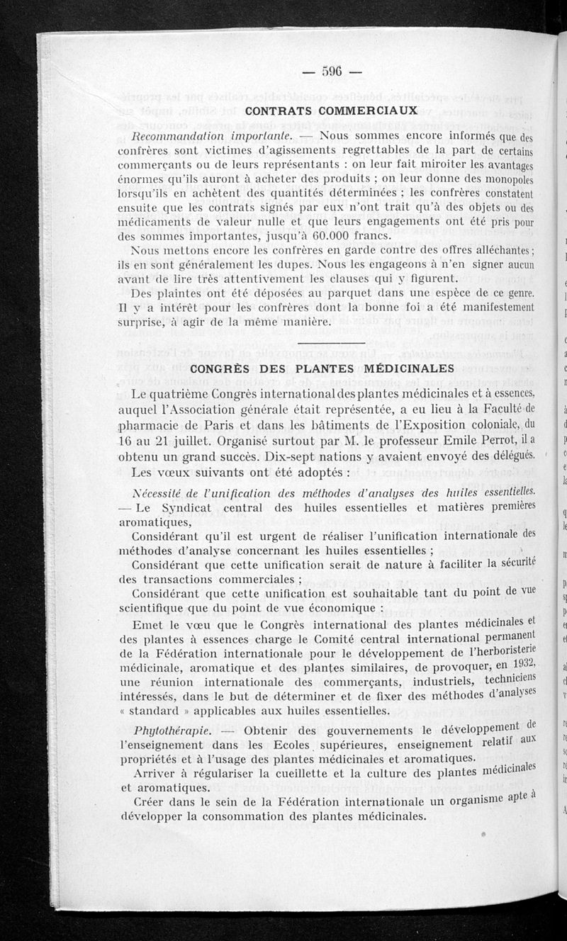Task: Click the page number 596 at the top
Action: point(332,70)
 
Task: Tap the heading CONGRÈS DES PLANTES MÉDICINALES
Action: point(322,368)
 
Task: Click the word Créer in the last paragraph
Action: point(150,801)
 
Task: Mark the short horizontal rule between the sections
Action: point(322,345)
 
